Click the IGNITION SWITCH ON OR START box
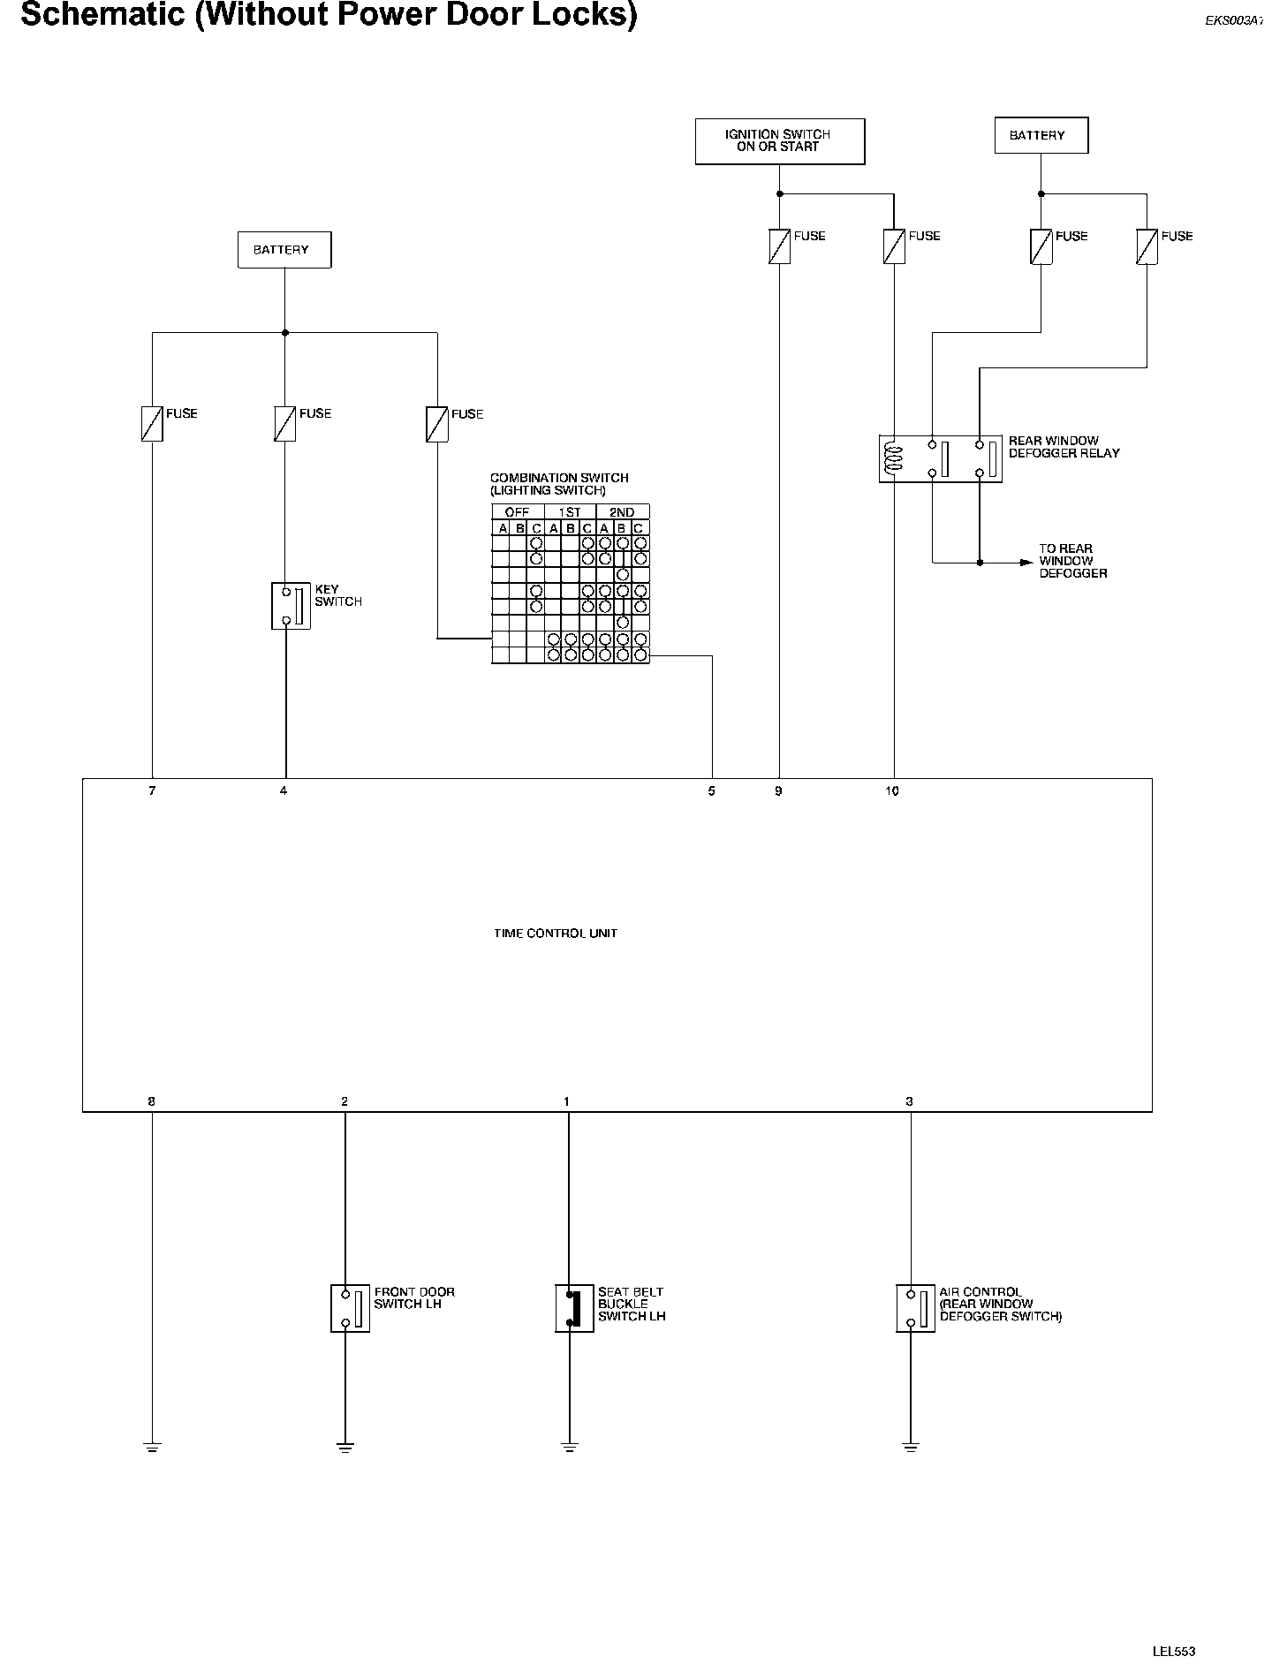point(779,141)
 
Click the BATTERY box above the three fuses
point(284,250)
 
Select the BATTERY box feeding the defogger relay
point(1041,136)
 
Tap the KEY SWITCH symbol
point(291,606)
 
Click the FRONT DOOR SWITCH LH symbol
point(350,1308)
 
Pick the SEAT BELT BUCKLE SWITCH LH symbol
point(573,1308)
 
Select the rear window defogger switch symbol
point(915,1308)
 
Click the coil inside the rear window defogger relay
point(895,458)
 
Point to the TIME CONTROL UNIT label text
point(555,934)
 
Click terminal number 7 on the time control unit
point(152,791)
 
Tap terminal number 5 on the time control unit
point(711,791)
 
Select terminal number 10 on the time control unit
point(892,791)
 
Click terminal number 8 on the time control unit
point(152,1101)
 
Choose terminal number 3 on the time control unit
point(909,1101)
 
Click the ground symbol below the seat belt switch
point(570,1447)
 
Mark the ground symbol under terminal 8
point(152,1447)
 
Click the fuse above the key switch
point(284,423)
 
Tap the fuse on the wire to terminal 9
point(779,246)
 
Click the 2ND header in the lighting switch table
point(622,512)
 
